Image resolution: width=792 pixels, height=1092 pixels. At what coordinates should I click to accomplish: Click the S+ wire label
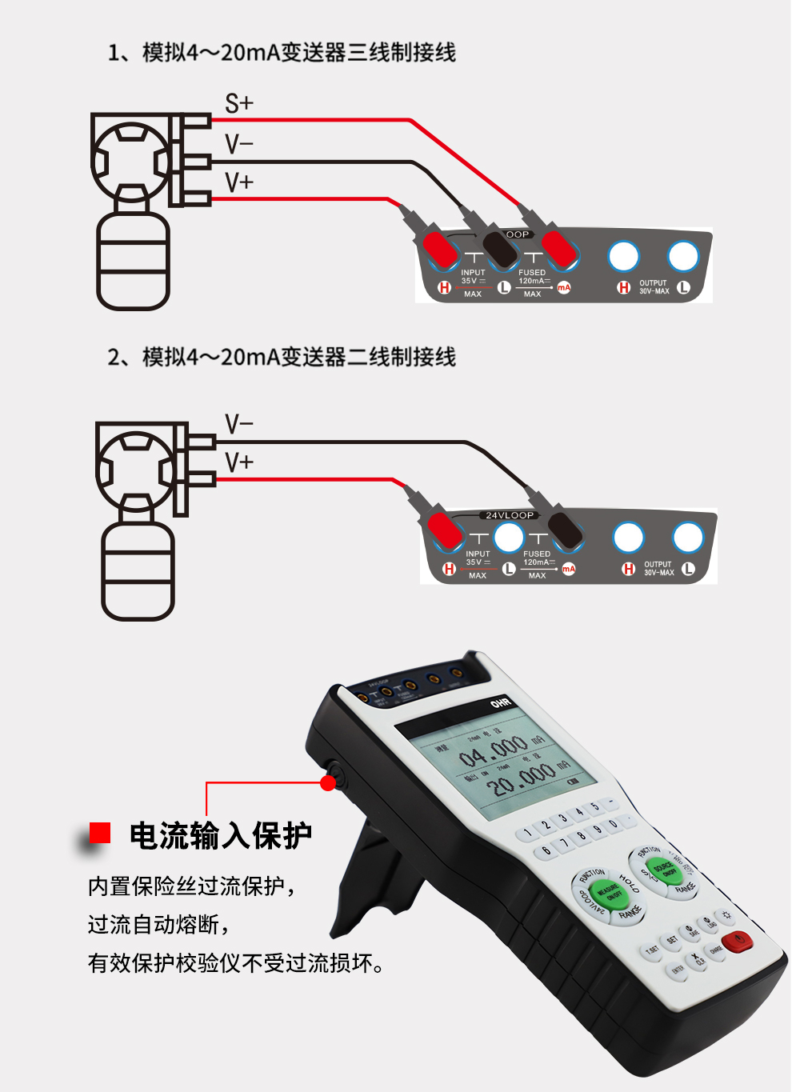[x=238, y=104]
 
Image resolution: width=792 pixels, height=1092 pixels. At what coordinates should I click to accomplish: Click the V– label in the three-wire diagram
[x=238, y=145]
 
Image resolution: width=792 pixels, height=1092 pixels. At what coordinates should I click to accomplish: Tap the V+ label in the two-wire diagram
[x=238, y=462]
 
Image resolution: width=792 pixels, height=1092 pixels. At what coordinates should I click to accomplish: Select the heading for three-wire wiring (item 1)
[x=282, y=53]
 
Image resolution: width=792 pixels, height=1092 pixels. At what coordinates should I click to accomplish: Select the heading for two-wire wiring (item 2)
[x=282, y=357]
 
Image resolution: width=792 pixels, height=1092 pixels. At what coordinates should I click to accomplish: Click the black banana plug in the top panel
[x=501, y=250]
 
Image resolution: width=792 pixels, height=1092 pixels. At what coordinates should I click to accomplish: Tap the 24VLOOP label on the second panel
[x=510, y=515]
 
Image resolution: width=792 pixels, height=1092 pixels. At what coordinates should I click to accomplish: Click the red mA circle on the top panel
[x=564, y=287]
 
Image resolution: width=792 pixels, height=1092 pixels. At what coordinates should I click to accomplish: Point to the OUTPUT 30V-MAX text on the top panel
[x=654, y=287]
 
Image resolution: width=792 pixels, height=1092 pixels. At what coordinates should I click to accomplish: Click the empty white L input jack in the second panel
[x=508, y=538]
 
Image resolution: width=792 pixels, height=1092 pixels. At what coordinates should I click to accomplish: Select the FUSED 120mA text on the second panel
[x=537, y=558]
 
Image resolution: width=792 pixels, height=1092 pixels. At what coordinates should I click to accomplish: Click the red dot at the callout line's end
[x=328, y=783]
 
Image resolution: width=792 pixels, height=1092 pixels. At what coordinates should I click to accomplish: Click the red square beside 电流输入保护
[x=100, y=833]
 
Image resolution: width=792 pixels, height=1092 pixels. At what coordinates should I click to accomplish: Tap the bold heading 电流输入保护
[x=221, y=835]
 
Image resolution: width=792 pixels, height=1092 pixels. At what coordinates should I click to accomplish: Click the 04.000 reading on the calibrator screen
[x=493, y=752]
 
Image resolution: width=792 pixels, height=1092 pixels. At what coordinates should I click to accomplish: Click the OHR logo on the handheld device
[x=501, y=703]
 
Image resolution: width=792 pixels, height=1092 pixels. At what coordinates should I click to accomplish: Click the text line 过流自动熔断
[x=158, y=925]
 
